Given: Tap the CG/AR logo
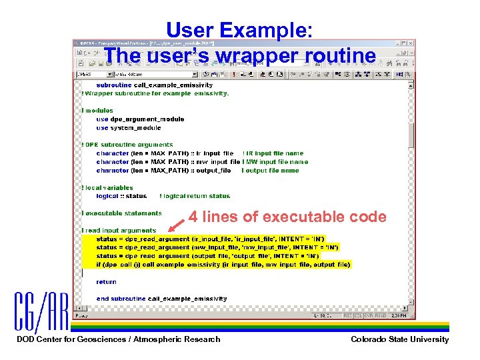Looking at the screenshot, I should pos(42,311).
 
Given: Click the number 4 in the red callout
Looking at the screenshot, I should pos(193,217).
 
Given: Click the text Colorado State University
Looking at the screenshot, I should pos(399,339).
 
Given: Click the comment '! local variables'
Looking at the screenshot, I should pos(107,188).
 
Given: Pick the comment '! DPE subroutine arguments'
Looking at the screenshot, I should pos(127,145).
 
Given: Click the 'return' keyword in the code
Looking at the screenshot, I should pos(106,282).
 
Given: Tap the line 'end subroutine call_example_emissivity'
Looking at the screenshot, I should pos(161,299).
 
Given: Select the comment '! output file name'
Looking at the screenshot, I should pos(270,171).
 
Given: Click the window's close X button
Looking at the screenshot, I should pos(411,44).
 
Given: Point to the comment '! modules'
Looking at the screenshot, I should pos(98,111).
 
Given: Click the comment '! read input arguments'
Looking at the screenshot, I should pos(119,231).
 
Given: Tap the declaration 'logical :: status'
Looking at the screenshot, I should pos(121,196).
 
